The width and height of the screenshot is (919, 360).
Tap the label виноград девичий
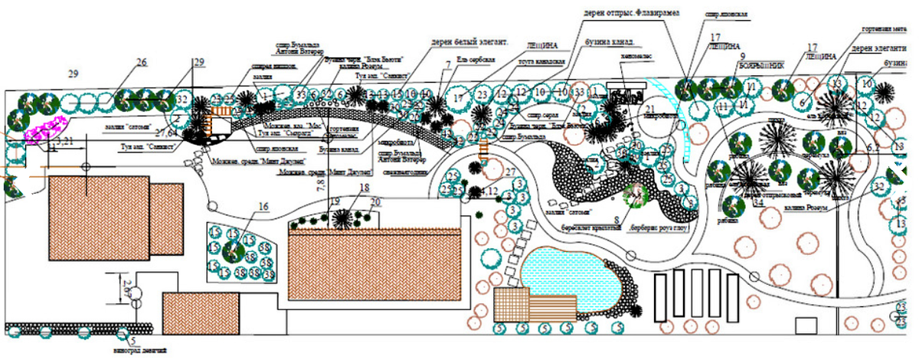tap(140, 351)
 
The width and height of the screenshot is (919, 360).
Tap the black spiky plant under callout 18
tap(342, 218)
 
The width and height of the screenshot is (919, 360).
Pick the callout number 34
tap(757, 203)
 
